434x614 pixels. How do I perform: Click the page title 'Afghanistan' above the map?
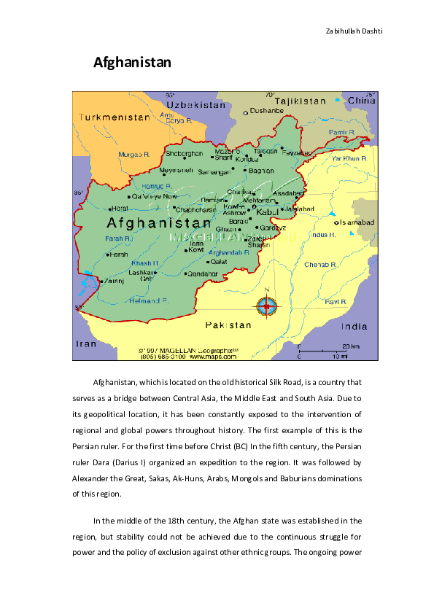(132, 63)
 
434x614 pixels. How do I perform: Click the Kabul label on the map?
(267, 212)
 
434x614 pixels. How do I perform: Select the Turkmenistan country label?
(109, 116)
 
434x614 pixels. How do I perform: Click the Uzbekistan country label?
(197, 105)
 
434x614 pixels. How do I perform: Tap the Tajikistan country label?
(300, 101)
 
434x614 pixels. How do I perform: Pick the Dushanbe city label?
(266, 111)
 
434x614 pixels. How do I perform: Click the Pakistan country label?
(228, 325)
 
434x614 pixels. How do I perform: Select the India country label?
(355, 327)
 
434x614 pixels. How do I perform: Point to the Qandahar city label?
(203, 273)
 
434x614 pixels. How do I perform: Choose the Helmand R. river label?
(150, 300)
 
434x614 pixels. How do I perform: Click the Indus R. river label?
(322, 235)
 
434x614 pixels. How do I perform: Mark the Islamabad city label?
(356, 222)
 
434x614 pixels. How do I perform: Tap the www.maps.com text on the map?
(213, 358)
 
